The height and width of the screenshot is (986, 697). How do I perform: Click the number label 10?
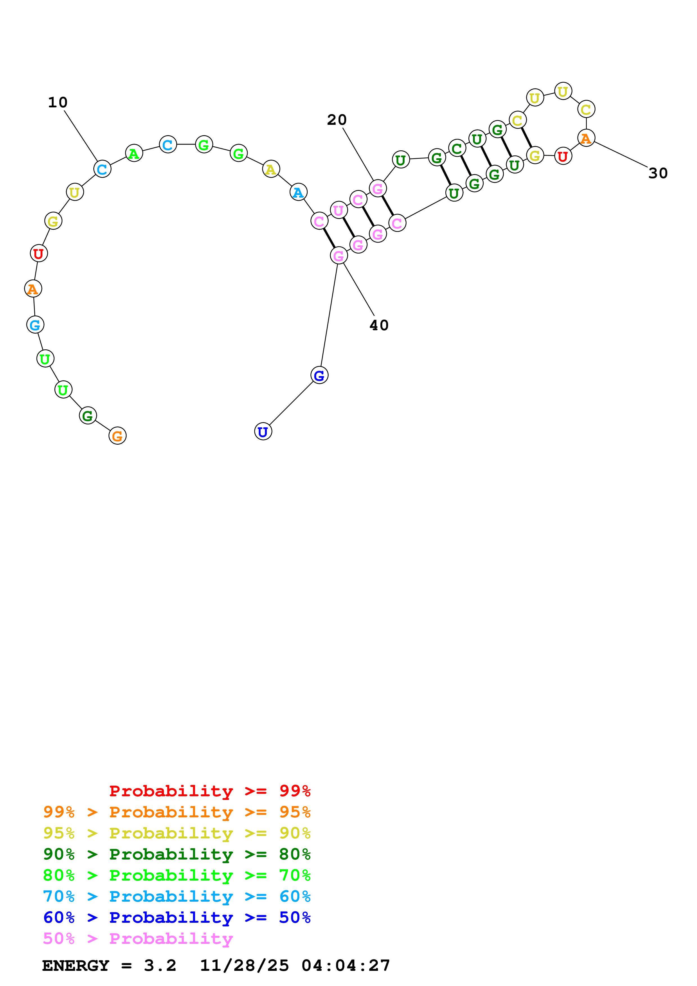tap(58, 102)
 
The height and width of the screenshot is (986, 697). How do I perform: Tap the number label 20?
tap(336, 120)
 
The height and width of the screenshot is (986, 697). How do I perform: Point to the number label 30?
tap(657, 173)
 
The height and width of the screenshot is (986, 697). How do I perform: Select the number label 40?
tap(379, 325)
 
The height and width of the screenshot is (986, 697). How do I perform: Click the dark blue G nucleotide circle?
tap(319, 375)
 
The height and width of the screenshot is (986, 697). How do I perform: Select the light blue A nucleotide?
tap(298, 192)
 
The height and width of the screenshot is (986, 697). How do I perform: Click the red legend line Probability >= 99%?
tap(209, 791)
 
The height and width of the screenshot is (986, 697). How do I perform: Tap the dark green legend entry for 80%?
tap(177, 854)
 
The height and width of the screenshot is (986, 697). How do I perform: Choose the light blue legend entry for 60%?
tap(177, 896)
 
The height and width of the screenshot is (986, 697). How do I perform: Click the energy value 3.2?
tap(160, 965)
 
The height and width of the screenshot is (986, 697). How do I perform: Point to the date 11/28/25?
tap(244, 965)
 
